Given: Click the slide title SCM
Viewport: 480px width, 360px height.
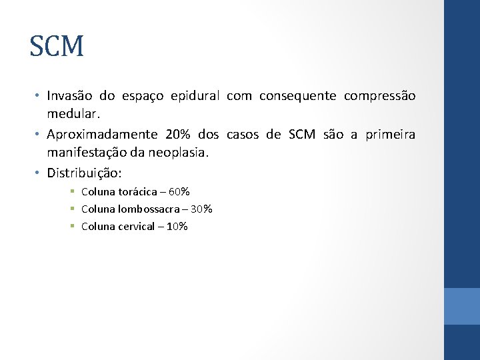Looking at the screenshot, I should [x=57, y=47].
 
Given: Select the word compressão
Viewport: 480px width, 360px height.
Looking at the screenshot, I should [x=379, y=96].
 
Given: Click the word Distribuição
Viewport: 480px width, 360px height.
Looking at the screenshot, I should [x=84, y=173].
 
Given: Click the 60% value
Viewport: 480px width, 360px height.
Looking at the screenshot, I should [x=179, y=192].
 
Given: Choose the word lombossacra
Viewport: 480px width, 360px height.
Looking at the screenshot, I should [x=147, y=209].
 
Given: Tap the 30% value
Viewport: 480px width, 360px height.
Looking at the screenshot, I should [x=201, y=209].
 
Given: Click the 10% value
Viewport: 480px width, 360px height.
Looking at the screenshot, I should [x=177, y=227].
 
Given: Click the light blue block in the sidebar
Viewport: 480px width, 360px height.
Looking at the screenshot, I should [x=462, y=306].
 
